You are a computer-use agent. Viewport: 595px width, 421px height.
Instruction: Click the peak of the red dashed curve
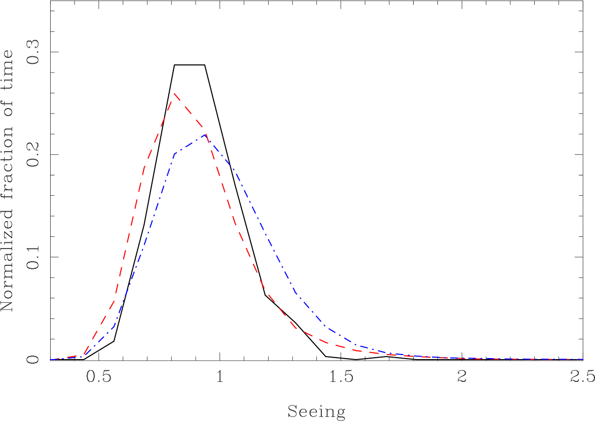(174, 93)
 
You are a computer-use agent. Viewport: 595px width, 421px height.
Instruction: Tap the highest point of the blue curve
(206, 135)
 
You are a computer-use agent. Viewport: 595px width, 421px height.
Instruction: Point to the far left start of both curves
(50, 360)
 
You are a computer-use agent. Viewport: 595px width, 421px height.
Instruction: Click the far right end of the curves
(583, 359)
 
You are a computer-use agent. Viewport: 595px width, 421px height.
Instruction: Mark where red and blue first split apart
(83, 356)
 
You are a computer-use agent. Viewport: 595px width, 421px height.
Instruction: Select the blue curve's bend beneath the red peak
(174, 153)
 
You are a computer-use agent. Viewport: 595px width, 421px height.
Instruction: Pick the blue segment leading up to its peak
(190, 144)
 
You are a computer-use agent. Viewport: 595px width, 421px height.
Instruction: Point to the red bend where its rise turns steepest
(114, 300)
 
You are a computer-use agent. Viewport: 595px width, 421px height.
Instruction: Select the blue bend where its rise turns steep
(114, 327)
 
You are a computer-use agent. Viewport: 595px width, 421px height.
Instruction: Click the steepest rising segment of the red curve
(129, 233)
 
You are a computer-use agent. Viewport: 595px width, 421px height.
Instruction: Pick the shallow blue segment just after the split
(98, 342)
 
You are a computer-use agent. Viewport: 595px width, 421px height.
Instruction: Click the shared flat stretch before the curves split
(66, 358)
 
